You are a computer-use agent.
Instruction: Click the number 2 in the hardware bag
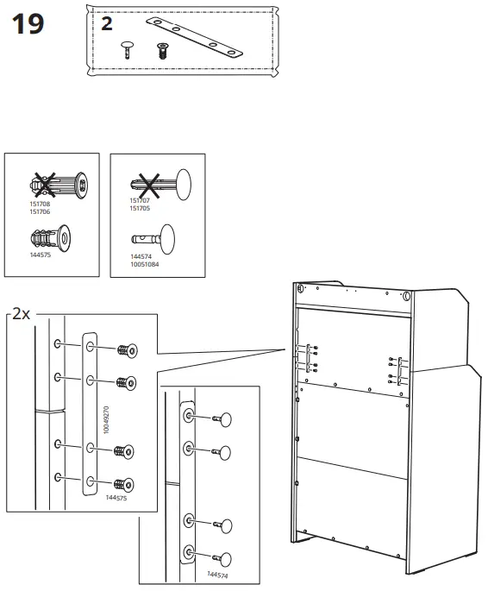pyautogui.click(x=106, y=24)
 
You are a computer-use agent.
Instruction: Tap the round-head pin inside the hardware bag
pyautogui.click(x=128, y=48)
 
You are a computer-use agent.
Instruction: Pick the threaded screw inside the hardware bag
pyautogui.click(x=161, y=49)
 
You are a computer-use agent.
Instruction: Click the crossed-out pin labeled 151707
pyautogui.click(x=156, y=184)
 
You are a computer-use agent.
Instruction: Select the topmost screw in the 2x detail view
pyautogui.click(x=127, y=350)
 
